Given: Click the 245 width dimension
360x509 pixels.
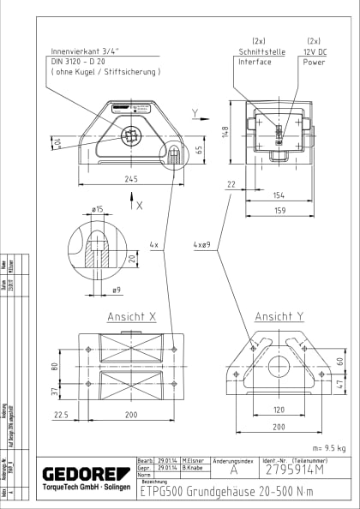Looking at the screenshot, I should coord(131,179).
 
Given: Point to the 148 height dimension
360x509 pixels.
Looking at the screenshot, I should coord(225,132).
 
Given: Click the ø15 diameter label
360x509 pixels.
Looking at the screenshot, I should coord(97,208).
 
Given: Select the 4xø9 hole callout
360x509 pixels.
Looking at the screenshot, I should coord(202,244).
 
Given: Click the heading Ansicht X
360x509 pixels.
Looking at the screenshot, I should coord(131,316).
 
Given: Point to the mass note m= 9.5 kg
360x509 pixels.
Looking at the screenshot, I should coord(331,447).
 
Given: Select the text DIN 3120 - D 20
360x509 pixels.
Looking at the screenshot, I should coord(79,61).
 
